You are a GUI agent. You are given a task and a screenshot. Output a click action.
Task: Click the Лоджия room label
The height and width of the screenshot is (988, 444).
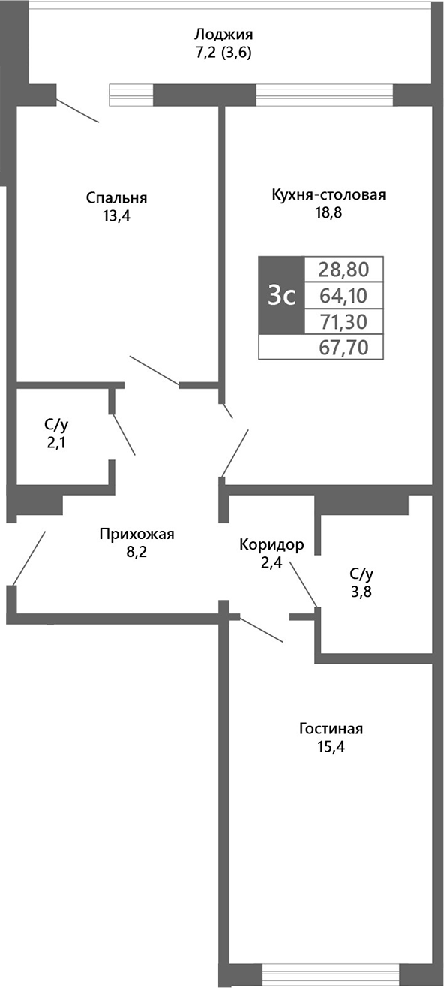223,35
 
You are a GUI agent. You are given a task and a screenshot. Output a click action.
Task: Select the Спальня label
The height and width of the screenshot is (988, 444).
116,198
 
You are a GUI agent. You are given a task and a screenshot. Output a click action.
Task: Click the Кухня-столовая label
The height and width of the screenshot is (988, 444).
328,195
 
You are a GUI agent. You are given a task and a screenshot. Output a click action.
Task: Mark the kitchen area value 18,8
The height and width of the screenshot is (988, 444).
328,213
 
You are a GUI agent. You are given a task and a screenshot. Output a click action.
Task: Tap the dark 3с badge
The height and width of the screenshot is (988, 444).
281,296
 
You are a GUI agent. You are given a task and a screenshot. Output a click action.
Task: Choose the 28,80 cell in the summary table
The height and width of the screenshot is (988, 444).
343,269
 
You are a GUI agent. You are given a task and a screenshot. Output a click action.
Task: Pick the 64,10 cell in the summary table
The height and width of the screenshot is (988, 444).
343,295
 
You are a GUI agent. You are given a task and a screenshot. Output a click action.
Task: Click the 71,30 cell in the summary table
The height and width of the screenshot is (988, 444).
343,322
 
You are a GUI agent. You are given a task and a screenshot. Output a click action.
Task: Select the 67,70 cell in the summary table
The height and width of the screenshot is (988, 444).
343,348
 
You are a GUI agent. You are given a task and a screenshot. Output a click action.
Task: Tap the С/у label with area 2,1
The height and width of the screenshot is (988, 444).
57,425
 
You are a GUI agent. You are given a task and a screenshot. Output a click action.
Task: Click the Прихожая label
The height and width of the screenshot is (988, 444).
136,534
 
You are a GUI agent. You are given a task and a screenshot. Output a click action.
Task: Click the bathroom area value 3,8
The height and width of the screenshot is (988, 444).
361,591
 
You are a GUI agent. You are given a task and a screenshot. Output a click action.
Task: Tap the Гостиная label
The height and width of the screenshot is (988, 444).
331,728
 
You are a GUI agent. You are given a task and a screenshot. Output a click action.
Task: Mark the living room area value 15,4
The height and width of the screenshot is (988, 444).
331,747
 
